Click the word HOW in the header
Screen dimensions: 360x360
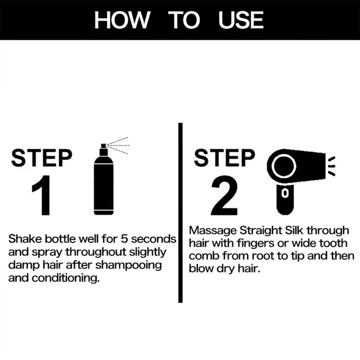(122, 20)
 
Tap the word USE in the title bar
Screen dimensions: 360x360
(241, 20)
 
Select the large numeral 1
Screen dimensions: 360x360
(42, 196)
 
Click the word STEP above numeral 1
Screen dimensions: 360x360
(41, 158)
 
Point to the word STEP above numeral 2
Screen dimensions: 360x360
(224, 158)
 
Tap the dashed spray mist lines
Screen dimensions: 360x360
(119, 145)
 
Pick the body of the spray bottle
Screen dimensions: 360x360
(103, 185)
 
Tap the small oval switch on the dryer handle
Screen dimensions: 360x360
(284, 193)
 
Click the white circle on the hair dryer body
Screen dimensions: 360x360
(283, 166)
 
